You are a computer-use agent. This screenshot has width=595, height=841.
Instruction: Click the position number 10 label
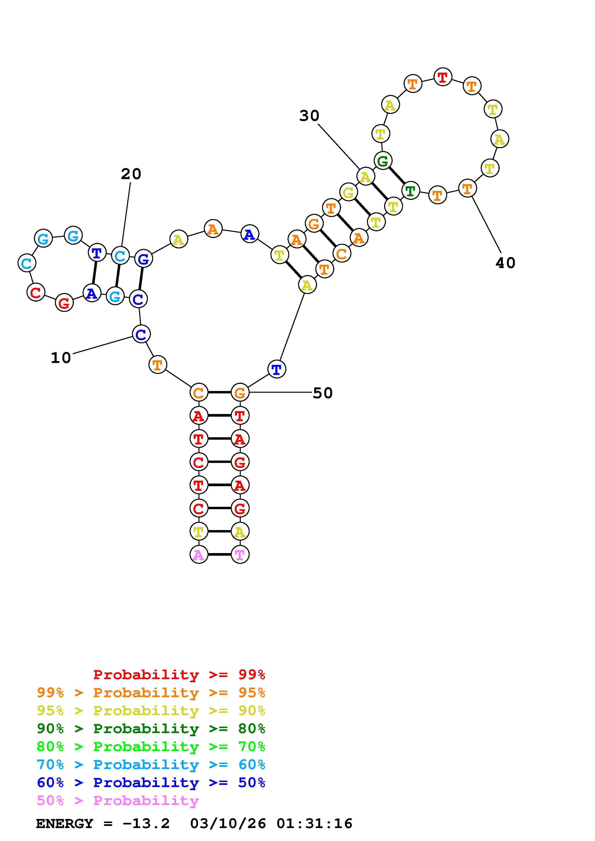click(61, 358)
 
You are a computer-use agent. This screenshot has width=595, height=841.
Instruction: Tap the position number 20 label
click(131, 174)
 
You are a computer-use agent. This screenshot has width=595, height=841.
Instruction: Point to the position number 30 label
click(309, 116)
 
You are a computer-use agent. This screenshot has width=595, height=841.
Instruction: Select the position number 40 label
click(505, 263)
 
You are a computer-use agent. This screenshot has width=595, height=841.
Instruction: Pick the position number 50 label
click(323, 393)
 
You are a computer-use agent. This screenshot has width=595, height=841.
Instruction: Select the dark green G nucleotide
click(383, 160)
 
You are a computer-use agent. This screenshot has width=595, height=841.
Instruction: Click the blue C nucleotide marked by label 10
click(141, 334)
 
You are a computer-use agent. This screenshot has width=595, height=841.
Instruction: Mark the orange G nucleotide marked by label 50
click(240, 393)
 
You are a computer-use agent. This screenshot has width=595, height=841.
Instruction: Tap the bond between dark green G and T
click(397, 175)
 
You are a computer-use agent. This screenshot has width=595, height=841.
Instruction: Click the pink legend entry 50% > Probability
click(118, 800)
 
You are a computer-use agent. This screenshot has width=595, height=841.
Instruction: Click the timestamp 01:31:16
click(314, 824)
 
